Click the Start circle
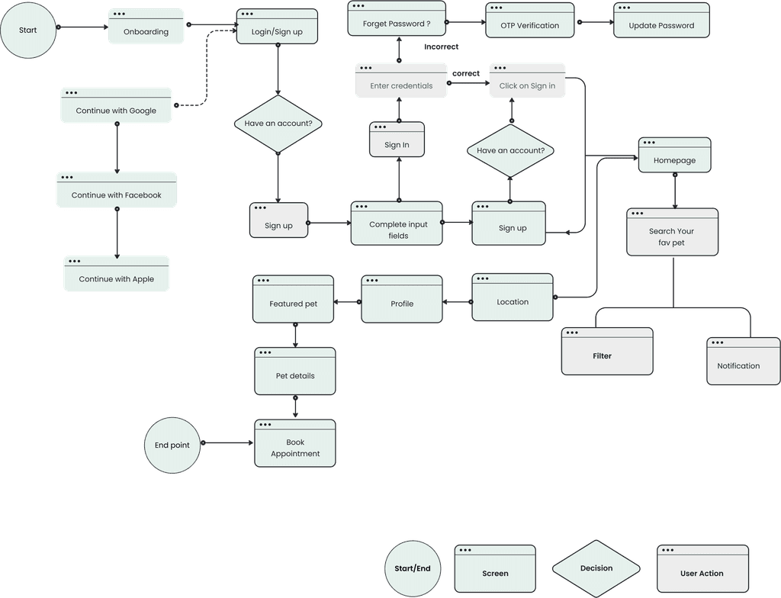point(28,31)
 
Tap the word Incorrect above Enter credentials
point(441,47)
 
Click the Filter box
point(607,352)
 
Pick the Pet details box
point(295,371)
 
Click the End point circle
point(172,445)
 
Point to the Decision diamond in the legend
point(596,568)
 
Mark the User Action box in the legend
point(702,569)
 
